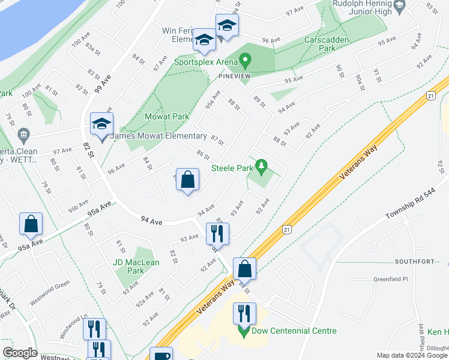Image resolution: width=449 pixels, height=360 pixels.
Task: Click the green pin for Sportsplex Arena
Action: [x=245, y=61]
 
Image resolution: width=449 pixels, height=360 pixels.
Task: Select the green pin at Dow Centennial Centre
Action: [x=244, y=331]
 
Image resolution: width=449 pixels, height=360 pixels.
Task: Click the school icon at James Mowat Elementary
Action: [x=101, y=125]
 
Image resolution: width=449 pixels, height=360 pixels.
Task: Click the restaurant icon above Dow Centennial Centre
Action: [x=244, y=313]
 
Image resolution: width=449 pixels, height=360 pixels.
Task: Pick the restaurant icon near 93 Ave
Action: [x=217, y=233]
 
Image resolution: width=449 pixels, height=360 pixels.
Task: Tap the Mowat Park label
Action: [x=167, y=116]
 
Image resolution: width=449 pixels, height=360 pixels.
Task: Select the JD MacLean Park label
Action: [x=136, y=266]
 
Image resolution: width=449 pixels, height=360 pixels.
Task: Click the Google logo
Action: [x=20, y=353]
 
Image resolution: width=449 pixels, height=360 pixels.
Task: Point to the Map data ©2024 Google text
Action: [x=411, y=355]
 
